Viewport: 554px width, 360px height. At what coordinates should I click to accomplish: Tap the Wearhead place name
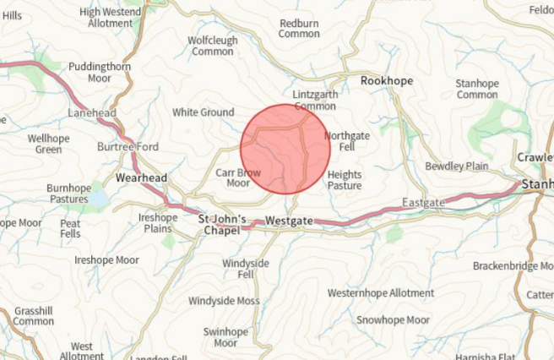click(x=142, y=178)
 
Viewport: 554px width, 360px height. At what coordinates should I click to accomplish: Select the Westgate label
click(x=289, y=221)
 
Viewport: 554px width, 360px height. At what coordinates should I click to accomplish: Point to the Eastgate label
click(x=421, y=203)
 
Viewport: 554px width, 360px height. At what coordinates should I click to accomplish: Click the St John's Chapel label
click(x=222, y=225)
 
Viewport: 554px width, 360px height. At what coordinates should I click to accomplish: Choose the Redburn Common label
click(x=299, y=29)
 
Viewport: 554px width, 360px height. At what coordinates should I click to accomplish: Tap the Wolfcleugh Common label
click(x=212, y=46)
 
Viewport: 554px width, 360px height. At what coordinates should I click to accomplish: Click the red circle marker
click(x=285, y=149)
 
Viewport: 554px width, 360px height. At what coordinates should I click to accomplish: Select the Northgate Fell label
click(x=346, y=141)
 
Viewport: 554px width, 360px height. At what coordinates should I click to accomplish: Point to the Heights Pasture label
click(x=344, y=179)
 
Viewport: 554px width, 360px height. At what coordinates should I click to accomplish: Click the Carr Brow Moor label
click(x=238, y=177)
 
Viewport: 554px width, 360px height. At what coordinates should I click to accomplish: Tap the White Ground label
click(x=203, y=112)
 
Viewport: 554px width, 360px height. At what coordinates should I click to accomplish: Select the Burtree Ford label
click(x=128, y=147)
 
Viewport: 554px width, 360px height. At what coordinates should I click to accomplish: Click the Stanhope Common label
click(x=476, y=89)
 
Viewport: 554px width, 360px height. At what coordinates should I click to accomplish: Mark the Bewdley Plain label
click(x=456, y=166)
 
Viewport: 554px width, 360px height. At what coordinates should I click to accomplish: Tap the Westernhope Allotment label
click(x=381, y=293)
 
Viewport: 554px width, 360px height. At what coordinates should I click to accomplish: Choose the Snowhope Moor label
click(x=393, y=320)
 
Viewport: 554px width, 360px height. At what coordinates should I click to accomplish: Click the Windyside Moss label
click(x=224, y=301)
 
